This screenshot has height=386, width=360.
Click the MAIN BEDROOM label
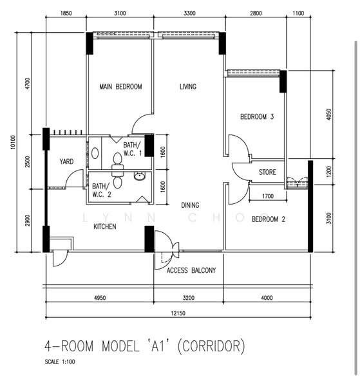pyautogui.click(x=120, y=87)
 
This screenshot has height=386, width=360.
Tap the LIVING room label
pyautogui.click(x=188, y=87)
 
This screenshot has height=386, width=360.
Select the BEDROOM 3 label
pyautogui.click(x=257, y=116)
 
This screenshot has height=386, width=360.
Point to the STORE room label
pyautogui.click(x=267, y=172)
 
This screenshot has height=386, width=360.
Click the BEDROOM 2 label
pyautogui.click(x=269, y=219)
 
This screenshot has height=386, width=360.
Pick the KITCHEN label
pyautogui.click(x=105, y=226)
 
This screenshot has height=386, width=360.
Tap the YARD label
pyautogui.click(x=66, y=161)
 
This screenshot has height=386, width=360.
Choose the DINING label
pyautogui.click(x=190, y=205)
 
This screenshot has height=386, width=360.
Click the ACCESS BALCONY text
pyautogui.click(x=191, y=270)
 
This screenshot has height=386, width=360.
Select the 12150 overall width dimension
pyautogui.click(x=178, y=313)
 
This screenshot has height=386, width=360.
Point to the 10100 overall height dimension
pyautogui.click(x=13, y=142)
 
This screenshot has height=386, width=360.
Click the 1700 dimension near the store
pyautogui.click(x=268, y=196)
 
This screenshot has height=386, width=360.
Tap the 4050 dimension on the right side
pyautogui.click(x=328, y=115)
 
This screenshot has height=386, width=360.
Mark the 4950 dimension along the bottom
pyautogui.click(x=100, y=298)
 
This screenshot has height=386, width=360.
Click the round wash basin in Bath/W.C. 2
pyautogui.click(x=140, y=176)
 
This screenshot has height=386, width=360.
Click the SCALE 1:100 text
pyautogui.click(x=60, y=362)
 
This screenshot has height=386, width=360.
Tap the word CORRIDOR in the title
pyautogui.click(x=211, y=346)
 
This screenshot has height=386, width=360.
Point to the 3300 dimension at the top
pyautogui.click(x=189, y=14)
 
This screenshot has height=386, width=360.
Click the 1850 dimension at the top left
pyautogui.click(x=66, y=14)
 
